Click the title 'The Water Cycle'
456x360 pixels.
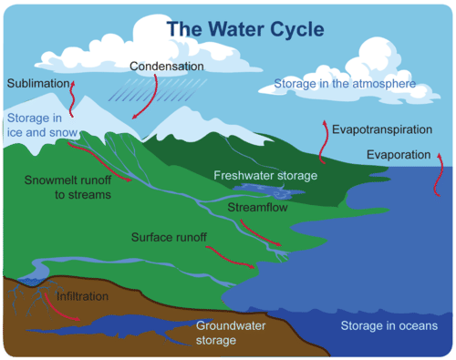[244, 29]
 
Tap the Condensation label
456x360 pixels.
[167, 67]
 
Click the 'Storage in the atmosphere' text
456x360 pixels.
[345, 85]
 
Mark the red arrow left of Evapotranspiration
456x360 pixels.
[323, 136]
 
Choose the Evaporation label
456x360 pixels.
[398, 155]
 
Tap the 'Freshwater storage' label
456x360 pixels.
[264, 175]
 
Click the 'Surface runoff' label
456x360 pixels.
[170, 238]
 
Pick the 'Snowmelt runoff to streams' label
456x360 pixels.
[68, 188]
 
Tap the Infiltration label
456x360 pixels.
[82, 297]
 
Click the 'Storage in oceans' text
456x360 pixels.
[389, 326]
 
